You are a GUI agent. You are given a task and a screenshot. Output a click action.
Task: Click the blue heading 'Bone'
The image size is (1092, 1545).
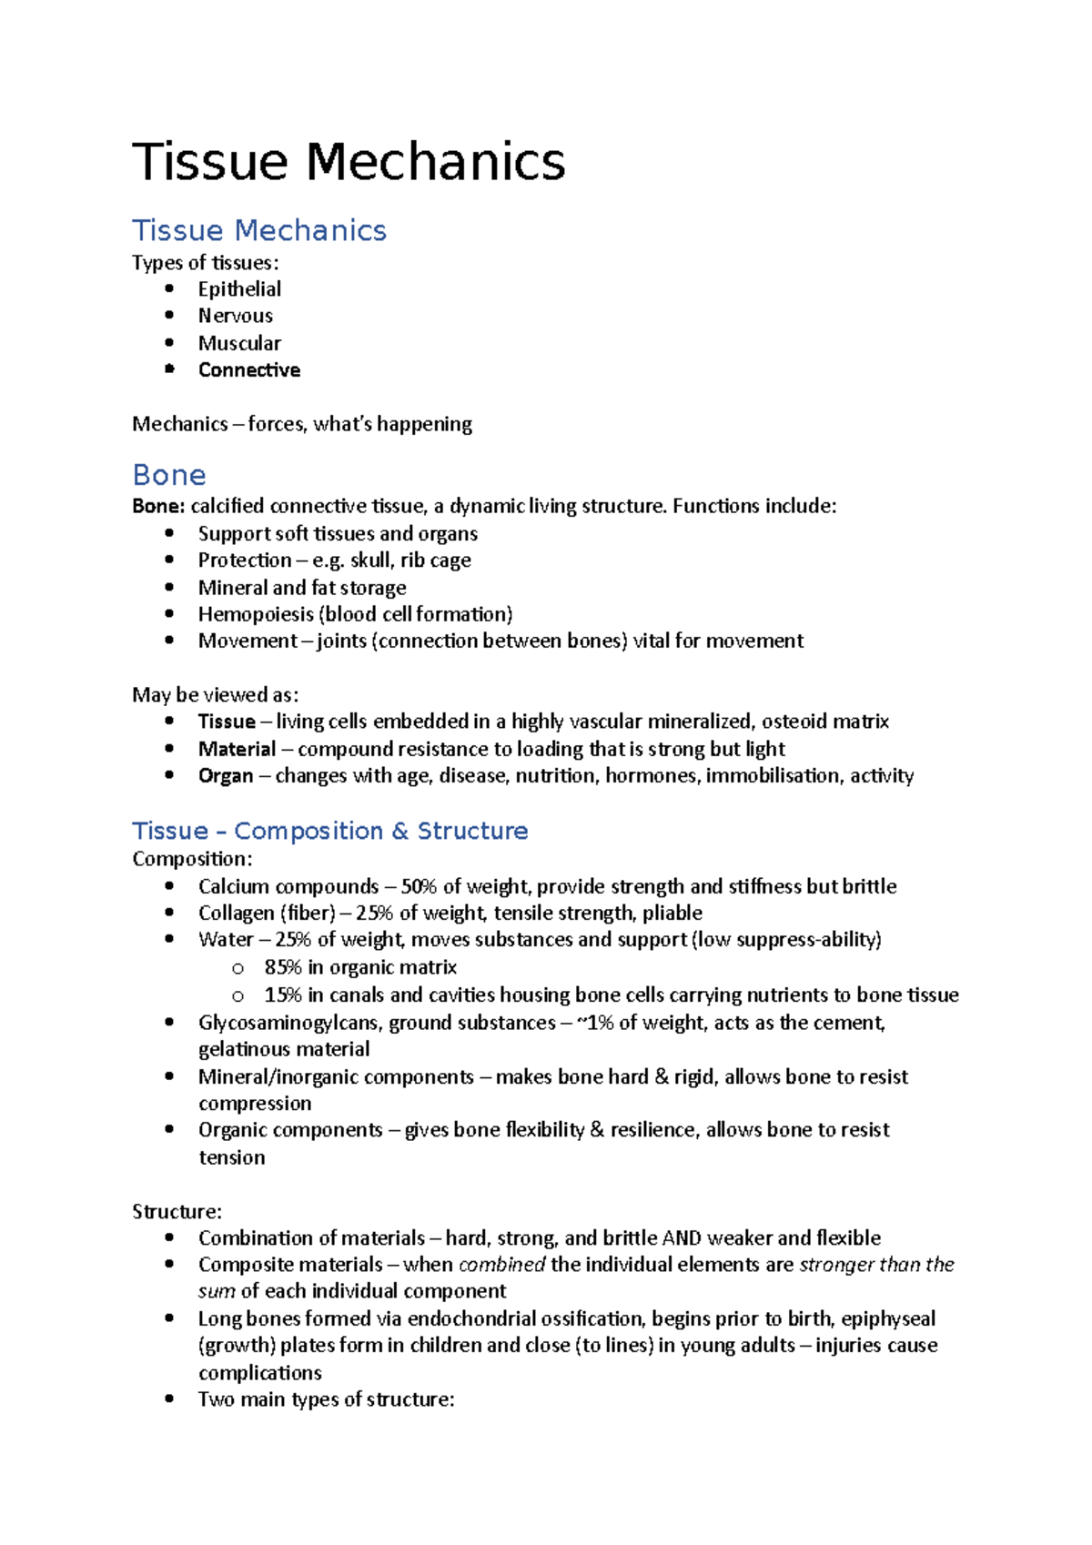coord(169,475)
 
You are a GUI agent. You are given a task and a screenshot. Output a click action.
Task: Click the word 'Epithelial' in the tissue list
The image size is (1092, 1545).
coord(239,289)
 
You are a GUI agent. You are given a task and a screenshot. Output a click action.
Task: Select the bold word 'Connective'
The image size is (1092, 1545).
coord(249,370)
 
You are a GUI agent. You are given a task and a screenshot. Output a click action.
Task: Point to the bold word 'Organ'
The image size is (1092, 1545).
coord(226,776)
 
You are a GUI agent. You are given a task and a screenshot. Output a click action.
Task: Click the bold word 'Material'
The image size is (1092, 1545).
coord(237,749)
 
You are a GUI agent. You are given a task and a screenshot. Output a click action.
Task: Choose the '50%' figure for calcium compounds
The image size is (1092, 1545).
coord(419,886)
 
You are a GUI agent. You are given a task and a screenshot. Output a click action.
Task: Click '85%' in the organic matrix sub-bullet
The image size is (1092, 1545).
coord(282,967)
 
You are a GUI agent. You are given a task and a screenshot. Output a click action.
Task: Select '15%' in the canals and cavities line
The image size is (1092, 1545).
coord(282,995)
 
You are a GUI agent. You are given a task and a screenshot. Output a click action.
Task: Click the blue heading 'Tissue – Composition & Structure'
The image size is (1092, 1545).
coord(329,831)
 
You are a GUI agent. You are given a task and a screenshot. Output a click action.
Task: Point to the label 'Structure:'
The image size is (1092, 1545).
coord(177,1211)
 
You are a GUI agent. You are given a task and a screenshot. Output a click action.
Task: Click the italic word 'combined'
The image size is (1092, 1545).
coord(501,1265)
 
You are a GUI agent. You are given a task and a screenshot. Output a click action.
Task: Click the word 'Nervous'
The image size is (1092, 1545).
coord(236,316)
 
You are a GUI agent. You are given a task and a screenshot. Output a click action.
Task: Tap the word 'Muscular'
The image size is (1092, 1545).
coord(239,343)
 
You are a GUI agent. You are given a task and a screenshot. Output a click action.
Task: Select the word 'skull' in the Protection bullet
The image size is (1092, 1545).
coord(370,560)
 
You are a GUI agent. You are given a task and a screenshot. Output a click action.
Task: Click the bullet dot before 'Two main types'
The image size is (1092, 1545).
coord(169,1399)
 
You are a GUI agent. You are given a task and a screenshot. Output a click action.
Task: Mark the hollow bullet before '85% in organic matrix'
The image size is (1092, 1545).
coord(238,968)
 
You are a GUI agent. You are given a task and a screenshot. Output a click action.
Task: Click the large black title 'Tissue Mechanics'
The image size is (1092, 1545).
coord(349,162)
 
